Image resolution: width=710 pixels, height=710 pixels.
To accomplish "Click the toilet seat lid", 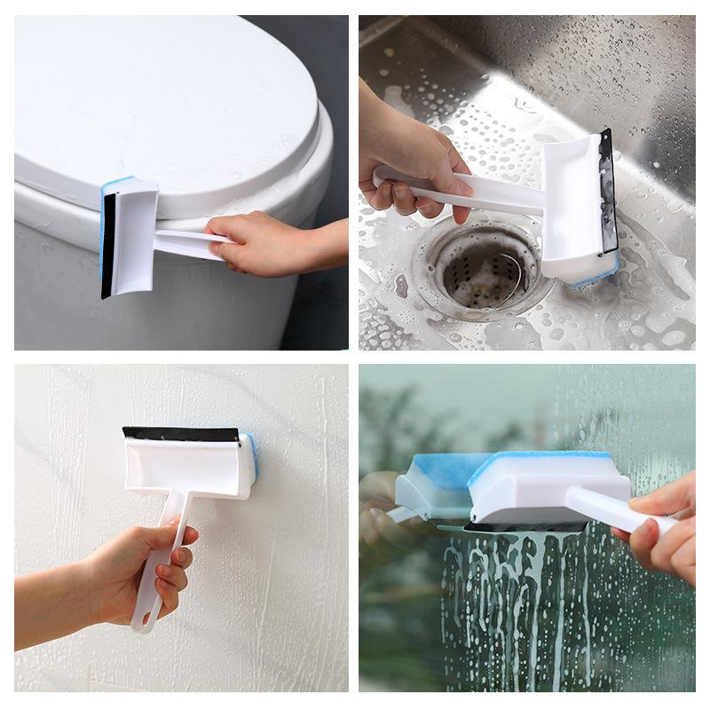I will coord(160,98).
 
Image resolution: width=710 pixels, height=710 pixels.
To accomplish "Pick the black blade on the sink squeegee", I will coord(608,191).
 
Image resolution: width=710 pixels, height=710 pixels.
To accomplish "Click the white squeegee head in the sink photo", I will coord(572,209).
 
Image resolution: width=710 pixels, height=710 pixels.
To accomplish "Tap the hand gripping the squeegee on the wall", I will coord(146,568).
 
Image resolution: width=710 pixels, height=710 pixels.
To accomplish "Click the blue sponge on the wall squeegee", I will coord(252,460).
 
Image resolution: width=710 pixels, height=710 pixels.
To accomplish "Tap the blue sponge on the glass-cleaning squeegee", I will coord(541,466).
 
